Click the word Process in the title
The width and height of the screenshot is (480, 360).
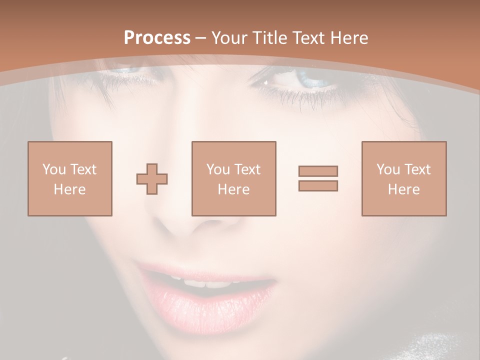157,38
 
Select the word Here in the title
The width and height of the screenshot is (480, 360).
350,38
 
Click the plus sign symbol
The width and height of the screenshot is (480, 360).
152,178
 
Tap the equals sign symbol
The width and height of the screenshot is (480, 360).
318,178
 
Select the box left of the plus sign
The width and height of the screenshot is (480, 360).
70,178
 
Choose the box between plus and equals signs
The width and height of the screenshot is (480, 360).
234,178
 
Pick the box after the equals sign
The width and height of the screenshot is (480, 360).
404,178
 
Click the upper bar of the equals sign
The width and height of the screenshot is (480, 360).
318,171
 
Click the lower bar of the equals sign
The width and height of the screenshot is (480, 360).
318,186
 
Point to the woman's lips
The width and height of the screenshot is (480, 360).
210,295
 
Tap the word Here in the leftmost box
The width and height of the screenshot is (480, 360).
70,189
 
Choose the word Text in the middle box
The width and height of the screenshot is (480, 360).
247,169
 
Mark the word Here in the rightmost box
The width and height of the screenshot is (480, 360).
404,189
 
